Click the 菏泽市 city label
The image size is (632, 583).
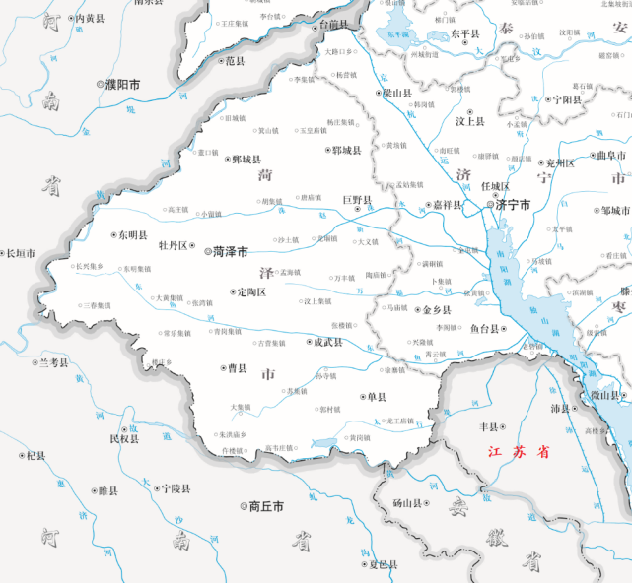tap(232, 252)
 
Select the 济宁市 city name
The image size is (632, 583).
tap(513, 205)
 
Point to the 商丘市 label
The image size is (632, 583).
tap(266, 506)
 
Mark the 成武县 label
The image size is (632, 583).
tap(327, 343)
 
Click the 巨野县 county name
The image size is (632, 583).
tap(358, 200)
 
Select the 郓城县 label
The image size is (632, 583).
tap(346, 151)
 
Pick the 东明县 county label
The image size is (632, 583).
tap(132, 236)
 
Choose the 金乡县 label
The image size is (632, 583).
tap(436, 309)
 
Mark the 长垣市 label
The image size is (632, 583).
tap(21, 254)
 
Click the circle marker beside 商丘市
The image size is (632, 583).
tap(244, 506)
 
